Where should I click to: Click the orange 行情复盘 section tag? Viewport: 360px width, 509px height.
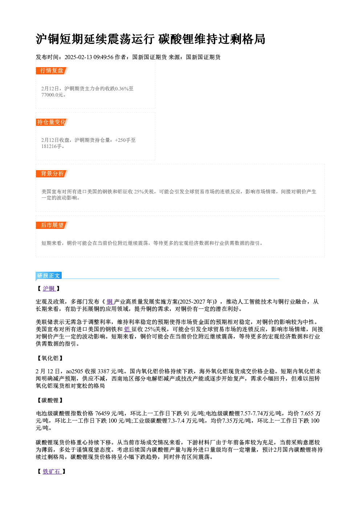pyautogui.click(x=52, y=71)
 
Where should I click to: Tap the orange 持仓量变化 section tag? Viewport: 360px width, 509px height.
pyautogui.click(x=52, y=122)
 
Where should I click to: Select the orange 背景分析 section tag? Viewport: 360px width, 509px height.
pyautogui.click(x=52, y=174)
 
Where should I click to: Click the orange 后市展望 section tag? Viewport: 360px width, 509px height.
pyautogui.click(x=52, y=225)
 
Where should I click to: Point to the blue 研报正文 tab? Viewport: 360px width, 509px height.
pyautogui.click(x=49, y=276)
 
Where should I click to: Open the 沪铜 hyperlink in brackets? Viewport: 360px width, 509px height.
pyautogui.click(x=49, y=288)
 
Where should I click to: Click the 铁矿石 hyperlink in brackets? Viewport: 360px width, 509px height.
pyautogui.click(x=52, y=472)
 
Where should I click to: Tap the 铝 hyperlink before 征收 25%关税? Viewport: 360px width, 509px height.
pyautogui.click(x=127, y=329)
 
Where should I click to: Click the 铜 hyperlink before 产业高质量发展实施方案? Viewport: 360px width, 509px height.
pyautogui.click(x=110, y=302)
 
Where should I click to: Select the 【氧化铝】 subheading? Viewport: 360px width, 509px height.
pyautogui.click(x=50, y=358)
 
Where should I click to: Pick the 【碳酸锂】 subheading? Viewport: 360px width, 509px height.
pyautogui.click(x=50, y=401)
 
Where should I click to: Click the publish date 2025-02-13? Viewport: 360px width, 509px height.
pyautogui.click(x=78, y=57)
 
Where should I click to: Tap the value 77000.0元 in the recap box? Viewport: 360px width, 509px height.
pyautogui.click(x=52, y=95)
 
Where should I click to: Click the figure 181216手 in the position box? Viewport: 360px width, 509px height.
pyautogui.click(x=52, y=147)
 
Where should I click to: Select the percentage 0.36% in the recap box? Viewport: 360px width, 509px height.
pyautogui.click(x=122, y=89)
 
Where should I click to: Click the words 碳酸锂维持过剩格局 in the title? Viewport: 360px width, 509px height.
pyautogui.click(x=212, y=39)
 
